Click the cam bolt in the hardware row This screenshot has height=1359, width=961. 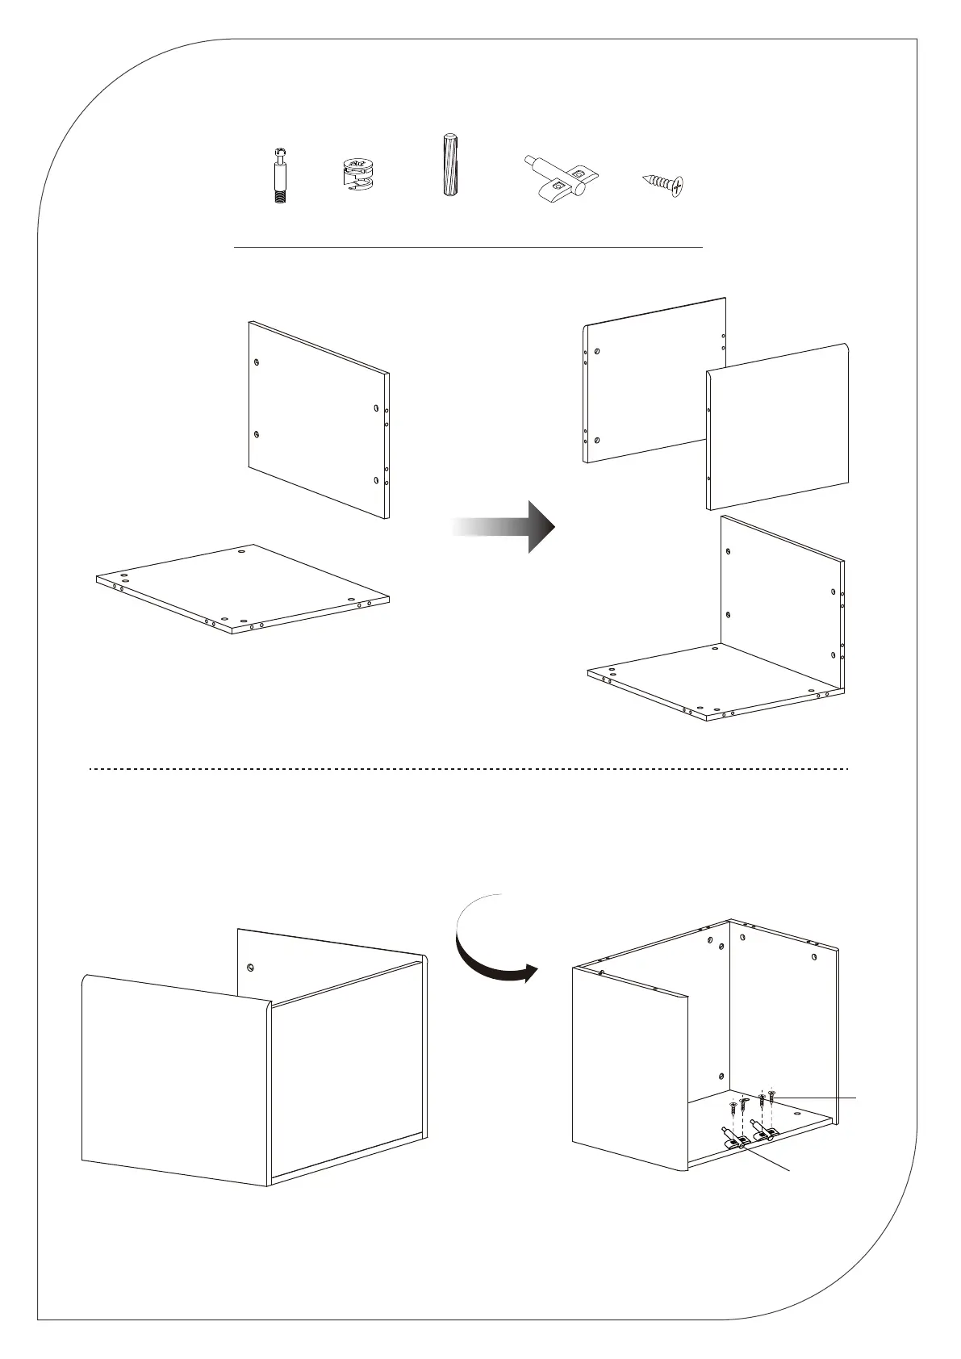coord(279,175)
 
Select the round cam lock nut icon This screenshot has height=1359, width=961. coord(355,175)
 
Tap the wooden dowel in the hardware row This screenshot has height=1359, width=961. coord(448,165)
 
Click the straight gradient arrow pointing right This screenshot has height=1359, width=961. coord(504,526)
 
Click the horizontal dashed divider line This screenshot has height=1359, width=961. coord(468,769)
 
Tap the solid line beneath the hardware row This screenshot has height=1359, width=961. coord(468,247)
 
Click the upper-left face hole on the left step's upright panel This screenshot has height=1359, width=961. coord(257,362)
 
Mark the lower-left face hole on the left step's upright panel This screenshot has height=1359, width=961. coord(256,434)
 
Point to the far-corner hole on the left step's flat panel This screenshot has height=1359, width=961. coord(243,552)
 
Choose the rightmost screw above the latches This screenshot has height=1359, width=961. coord(772,1097)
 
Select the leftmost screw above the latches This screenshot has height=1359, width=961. coord(733,1106)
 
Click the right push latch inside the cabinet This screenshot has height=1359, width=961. coord(763,1130)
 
